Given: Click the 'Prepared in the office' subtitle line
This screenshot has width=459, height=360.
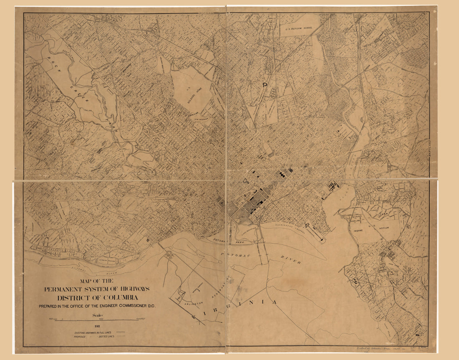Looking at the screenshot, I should (x=97, y=306).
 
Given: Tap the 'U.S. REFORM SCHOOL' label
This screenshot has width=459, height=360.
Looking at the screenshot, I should (x=299, y=29).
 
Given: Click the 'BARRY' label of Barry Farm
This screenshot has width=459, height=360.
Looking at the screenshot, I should (x=356, y=218).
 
